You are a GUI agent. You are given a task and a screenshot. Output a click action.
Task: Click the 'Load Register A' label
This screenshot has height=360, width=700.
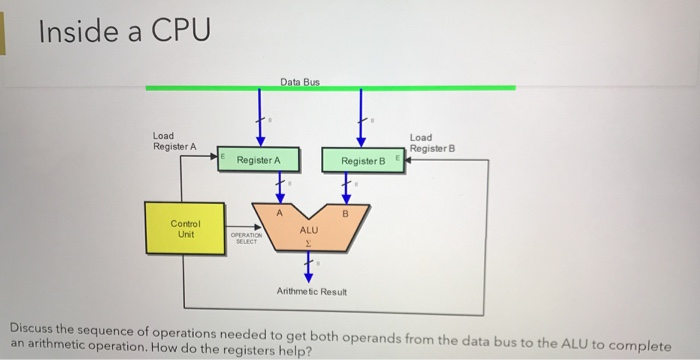click(174, 141)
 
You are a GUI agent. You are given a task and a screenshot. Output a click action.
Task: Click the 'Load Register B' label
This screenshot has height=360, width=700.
click(432, 142)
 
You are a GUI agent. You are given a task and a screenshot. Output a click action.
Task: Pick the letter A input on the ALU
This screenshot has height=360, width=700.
click(281, 211)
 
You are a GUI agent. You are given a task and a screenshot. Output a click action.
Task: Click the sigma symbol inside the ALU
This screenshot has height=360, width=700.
click(309, 241)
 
